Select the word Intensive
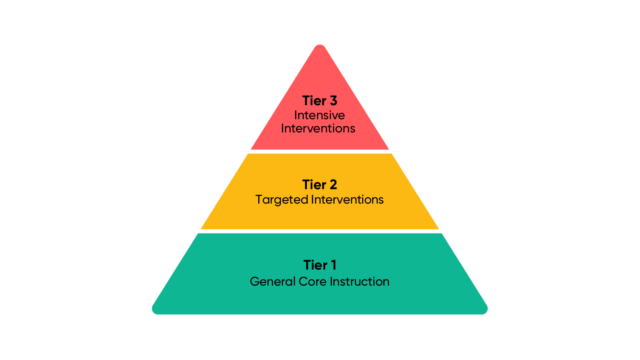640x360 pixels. tap(320, 115)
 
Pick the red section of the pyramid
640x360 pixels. tap(320, 80)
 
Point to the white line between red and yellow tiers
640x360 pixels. tap(320, 152)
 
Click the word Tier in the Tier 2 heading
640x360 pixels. tap(311, 184)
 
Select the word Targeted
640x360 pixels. tap(282, 200)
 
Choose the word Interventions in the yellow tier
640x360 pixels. tap(346, 200)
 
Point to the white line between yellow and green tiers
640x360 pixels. tap(320, 231)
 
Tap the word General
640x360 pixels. tap(272, 282)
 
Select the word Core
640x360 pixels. tap(312, 282)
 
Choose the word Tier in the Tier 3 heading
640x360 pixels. tap(311, 100)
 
